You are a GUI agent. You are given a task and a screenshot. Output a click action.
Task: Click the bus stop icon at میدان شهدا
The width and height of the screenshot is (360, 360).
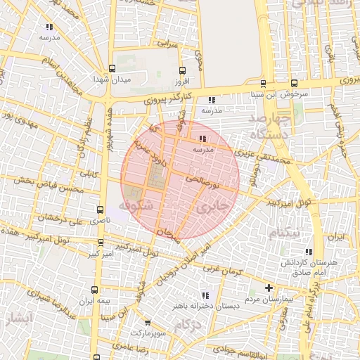(112, 69)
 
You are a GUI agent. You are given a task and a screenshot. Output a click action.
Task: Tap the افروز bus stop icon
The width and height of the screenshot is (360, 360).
(183, 71)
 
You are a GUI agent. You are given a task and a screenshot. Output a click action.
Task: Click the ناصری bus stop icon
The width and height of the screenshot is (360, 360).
(100, 210)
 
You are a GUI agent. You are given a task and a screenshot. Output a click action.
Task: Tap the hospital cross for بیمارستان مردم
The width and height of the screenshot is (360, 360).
(269, 288)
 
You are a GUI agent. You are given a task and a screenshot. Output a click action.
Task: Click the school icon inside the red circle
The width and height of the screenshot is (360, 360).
(204, 139)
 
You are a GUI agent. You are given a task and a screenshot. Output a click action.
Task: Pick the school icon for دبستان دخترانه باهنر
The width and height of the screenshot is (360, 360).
(205, 295)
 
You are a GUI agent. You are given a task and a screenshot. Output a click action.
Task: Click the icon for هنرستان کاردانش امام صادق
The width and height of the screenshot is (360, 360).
(308, 252)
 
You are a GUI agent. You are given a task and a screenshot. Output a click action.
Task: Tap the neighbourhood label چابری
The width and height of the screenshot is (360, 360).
(212, 208)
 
